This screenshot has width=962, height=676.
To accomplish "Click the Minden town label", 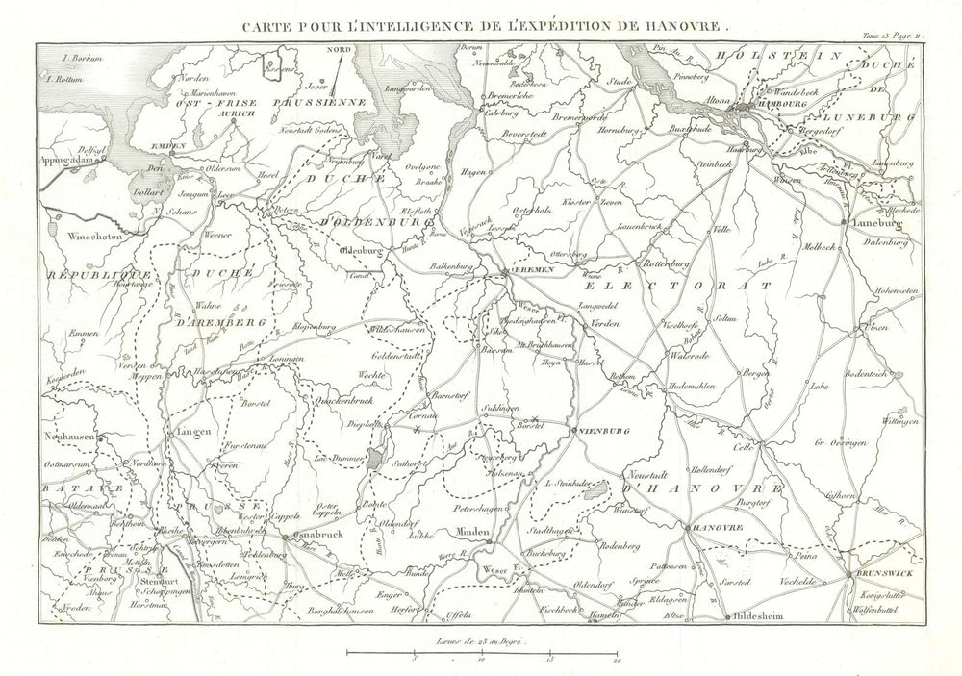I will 473,532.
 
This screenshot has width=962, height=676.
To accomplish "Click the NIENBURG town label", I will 604,431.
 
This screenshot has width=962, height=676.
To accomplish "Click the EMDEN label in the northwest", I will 168,145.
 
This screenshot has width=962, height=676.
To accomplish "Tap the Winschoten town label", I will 96,234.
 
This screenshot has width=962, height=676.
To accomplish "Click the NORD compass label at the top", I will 338,49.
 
